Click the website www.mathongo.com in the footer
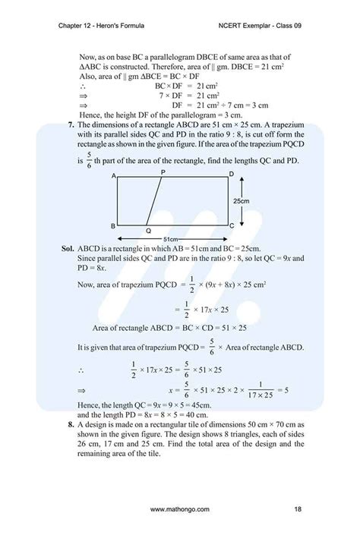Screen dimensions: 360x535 tap(180, 508)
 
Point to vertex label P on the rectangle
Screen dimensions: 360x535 tap(163, 172)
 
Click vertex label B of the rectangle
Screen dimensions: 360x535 tap(112, 226)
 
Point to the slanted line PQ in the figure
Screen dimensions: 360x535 tap(154, 201)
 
